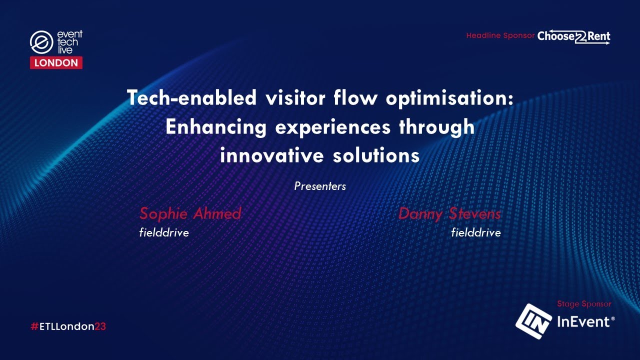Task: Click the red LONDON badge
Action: (x=56, y=62)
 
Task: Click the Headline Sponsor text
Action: (x=500, y=36)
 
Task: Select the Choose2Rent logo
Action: (x=573, y=37)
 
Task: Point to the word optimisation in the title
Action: (x=449, y=97)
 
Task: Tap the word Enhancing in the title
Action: (x=216, y=127)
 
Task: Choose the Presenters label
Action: (x=320, y=186)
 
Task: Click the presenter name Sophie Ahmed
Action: (x=190, y=214)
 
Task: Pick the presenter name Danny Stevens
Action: (x=449, y=214)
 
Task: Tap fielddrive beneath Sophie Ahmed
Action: (x=164, y=232)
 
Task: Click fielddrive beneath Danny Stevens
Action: (x=475, y=232)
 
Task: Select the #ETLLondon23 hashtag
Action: (x=68, y=326)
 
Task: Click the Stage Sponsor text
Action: (x=584, y=304)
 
